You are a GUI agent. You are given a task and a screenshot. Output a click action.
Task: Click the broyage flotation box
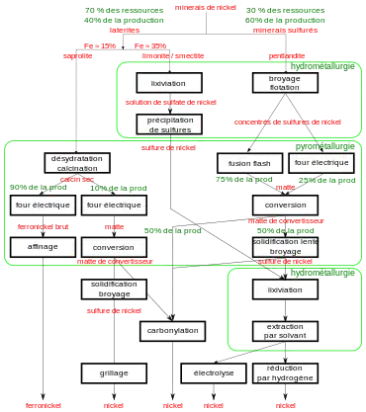pyautogui.click(x=285, y=83)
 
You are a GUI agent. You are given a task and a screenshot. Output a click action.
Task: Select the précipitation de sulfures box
pyautogui.click(x=169, y=124)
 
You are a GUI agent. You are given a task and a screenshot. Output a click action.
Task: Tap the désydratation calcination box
pyautogui.click(x=77, y=162)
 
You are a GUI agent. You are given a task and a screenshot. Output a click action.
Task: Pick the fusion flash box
pyautogui.click(x=248, y=162)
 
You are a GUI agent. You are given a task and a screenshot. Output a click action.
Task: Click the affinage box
pyautogui.click(x=43, y=246)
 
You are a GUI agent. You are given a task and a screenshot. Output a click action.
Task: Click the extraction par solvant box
pyautogui.click(x=285, y=331)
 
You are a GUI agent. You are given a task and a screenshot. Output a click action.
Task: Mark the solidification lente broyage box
pyautogui.click(x=285, y=246)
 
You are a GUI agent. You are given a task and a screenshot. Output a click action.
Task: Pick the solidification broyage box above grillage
pyautogui.click(x=114, y=288)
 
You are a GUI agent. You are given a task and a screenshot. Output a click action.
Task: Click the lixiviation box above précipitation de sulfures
pyautogui.click(x=169, y=83)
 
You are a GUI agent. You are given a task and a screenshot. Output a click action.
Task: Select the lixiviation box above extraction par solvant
pyautogui.click(x=285, y=289)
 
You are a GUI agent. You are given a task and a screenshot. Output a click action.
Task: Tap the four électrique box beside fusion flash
pyautogui.click(x=322, y=162)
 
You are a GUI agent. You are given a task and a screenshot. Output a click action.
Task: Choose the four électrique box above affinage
pyautogui.click(x=43, y=205)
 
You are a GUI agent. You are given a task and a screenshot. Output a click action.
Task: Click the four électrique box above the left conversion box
pyautogui.click(x=114, y=205)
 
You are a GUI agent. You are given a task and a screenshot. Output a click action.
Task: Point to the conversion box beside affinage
pyautogui.click(x=114, y=246)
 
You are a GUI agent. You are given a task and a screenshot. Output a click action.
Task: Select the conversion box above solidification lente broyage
pyautogui.click(x=285, y=205)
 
